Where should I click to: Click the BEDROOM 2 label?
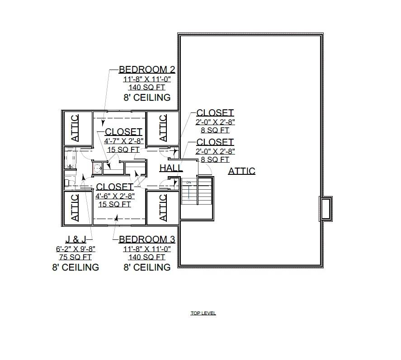pos(146,70)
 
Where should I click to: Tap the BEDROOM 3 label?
pos(146,239)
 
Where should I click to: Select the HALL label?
pos(171,168)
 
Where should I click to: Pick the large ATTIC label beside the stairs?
pos(241,171)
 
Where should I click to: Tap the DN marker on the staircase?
pos(189,182)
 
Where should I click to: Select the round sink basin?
pos(97,168)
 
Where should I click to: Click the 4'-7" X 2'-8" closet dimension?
pos(123,141)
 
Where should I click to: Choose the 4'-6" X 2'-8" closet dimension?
pos(115,196)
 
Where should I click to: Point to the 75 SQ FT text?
pos(75,257)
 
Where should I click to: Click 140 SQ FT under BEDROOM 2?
pos(146,88)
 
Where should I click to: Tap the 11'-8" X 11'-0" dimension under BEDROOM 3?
pos(146,248)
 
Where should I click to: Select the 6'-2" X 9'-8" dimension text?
pos(75,249)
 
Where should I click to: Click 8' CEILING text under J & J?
pos(75,267)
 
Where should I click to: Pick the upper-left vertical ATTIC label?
pos(75,128)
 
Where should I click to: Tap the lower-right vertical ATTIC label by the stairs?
pos(163,208)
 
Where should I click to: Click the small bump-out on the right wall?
pos(326,208)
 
